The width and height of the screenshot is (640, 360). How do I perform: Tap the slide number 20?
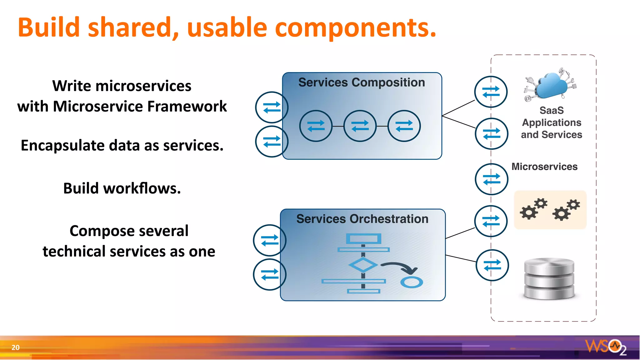coord(15,347)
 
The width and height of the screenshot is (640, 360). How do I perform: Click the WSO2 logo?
coord(606,347)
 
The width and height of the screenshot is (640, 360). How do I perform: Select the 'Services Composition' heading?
coord(362,82)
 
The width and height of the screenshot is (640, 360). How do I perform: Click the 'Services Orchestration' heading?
coord(362,219)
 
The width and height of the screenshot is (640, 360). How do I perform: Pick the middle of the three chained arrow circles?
coord(360,126)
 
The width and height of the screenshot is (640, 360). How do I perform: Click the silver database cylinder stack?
coord(549,279)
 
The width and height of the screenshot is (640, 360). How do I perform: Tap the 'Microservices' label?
coord(544,167)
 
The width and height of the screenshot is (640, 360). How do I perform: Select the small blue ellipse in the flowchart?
coord(412,282)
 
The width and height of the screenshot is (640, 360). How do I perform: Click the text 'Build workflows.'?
coord(122,188)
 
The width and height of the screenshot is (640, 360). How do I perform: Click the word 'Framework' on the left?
coord(187,107)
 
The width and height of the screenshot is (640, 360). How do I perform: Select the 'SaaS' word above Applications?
coord(552,110)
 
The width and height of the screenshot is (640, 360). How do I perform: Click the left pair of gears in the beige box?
coord(533,209)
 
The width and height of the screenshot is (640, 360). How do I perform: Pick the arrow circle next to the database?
coord(492,265)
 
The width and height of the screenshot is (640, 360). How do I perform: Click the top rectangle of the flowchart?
coord(363,239)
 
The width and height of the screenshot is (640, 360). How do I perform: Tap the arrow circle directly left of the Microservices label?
coord(492,179)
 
